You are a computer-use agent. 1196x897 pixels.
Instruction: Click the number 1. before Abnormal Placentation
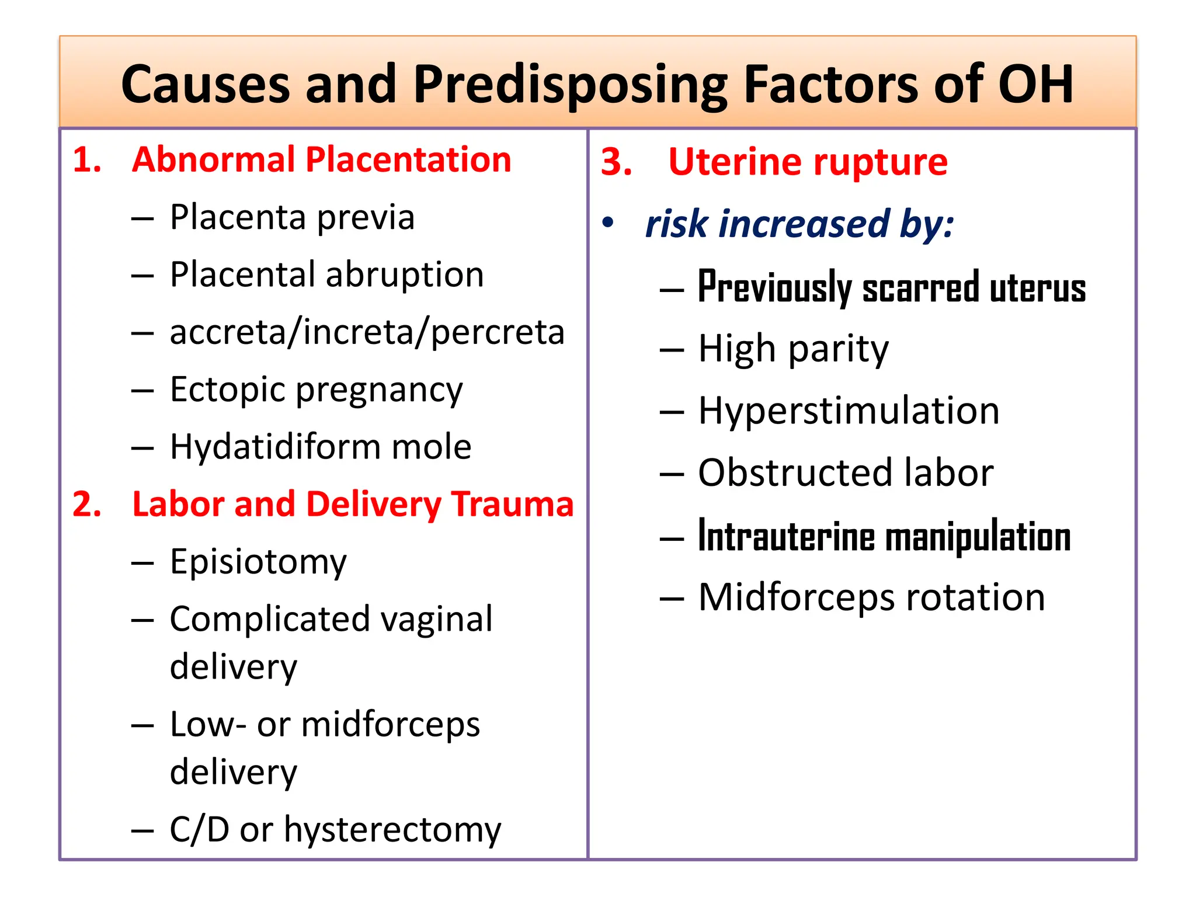(x=87, y=160)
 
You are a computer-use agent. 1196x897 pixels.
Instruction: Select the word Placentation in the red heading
(x=408, y=160)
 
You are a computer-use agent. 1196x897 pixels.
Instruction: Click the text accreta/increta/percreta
(x=367, y=332)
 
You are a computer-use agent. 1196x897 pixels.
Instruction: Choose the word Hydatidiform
(x=274, y=447)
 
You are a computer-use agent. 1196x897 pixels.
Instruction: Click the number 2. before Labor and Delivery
(x=87, y=504)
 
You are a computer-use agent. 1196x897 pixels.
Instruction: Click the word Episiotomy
(x=258, y=562)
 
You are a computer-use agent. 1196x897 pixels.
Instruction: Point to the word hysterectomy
(x=392, y=829)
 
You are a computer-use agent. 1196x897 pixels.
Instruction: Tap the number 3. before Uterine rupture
(x=616, y=162)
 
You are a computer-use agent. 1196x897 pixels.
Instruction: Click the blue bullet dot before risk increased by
(x=608, y=222)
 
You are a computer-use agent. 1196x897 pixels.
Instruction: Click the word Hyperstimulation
(x=849, y=411)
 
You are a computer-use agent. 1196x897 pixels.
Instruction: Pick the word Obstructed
(x=795, y=472)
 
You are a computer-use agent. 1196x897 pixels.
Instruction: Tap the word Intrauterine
(x=786, y=537)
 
